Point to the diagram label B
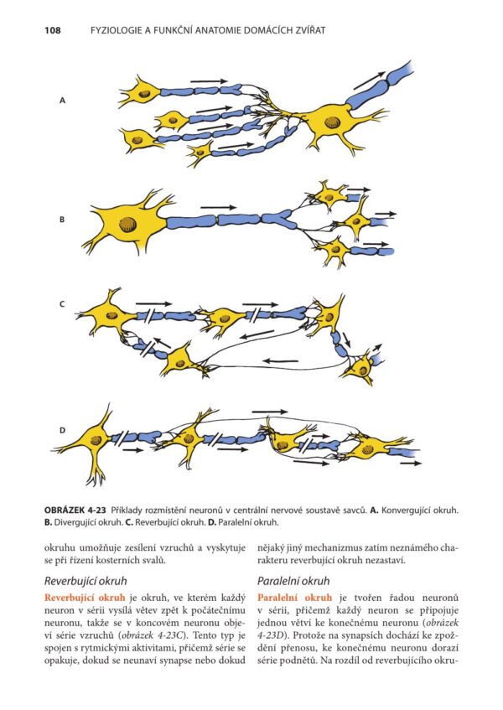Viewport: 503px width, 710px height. tap(62, 220)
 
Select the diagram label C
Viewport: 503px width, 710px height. tap(62, 304)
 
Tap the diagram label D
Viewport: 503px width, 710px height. tap(62, 430)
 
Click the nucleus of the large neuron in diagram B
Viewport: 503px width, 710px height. tap(127, 224)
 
